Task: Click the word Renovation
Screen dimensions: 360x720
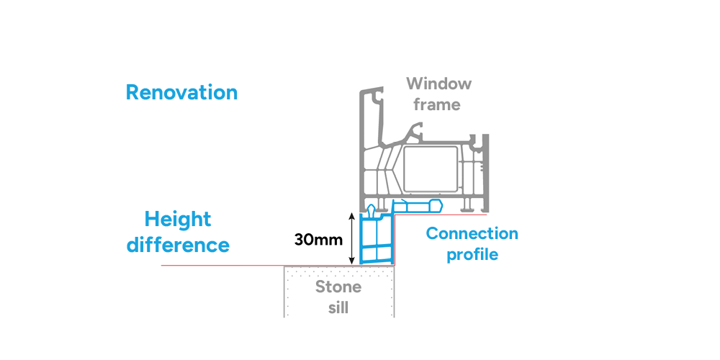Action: click(x=181, y=92)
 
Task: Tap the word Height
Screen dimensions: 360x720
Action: click(x=177, y=219)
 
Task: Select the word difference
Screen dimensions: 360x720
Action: click(x=178, y=245)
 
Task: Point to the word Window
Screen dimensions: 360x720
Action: click(x=438, y=84)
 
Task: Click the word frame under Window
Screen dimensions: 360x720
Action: click(x=436, y=104)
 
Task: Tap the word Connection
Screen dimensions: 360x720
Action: click(x=472, y=234)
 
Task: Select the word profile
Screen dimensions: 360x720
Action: click(x=472, y=255)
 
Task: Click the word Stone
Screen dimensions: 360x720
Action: click(x=338, y=287)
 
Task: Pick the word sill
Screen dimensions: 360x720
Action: click(x=338, y=308)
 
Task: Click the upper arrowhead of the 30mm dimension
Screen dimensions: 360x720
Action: click(x=351, y=215)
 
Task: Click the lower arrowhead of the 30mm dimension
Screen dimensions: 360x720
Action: click(x=351, y=261)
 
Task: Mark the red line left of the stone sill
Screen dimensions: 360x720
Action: click(x=223, y=266)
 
